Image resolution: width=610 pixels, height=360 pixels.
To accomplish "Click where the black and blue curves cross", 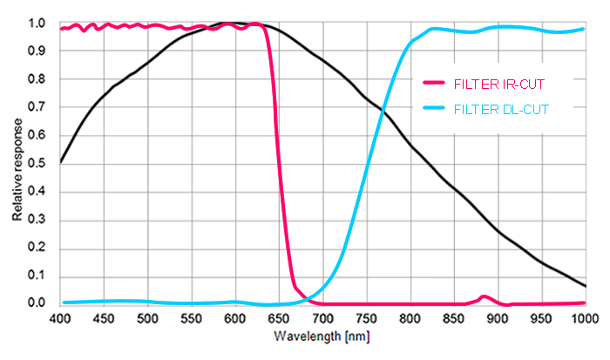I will (383, 110).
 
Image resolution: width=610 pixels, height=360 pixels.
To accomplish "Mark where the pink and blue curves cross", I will (306, 299).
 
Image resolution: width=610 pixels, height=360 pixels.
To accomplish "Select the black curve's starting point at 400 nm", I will (61, 161).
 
